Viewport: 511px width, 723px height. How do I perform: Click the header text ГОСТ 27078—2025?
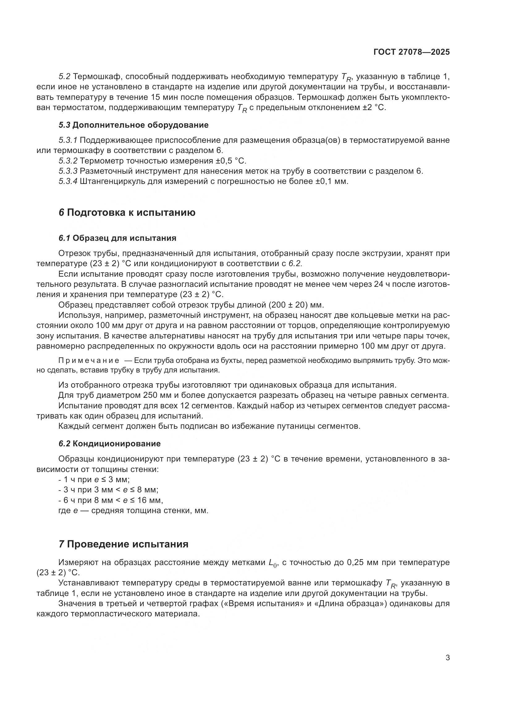[412, 52]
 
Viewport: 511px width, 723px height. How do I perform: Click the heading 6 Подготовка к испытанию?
[127, 213]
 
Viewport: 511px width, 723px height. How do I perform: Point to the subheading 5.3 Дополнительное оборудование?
[133, 125]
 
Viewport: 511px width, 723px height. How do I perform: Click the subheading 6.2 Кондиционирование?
[109, 444]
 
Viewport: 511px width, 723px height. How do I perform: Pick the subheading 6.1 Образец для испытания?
[117, 238]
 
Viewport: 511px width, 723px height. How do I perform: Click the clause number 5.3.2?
[68, 161]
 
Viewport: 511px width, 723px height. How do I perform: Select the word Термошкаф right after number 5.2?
[95, 77]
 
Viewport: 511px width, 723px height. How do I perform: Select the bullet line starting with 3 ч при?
[108, 490]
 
